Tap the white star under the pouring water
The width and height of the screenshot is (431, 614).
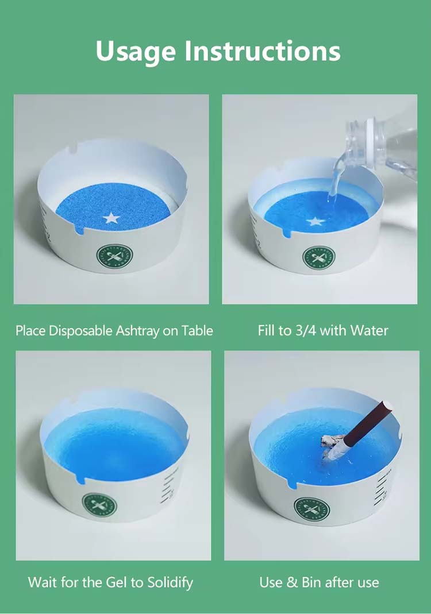coord(314,221)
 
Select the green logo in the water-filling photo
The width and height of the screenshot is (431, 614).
coord(318,257)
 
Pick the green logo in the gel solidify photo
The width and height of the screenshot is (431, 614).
coord(99,506)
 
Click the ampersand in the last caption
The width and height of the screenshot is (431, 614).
coord(292,582)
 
